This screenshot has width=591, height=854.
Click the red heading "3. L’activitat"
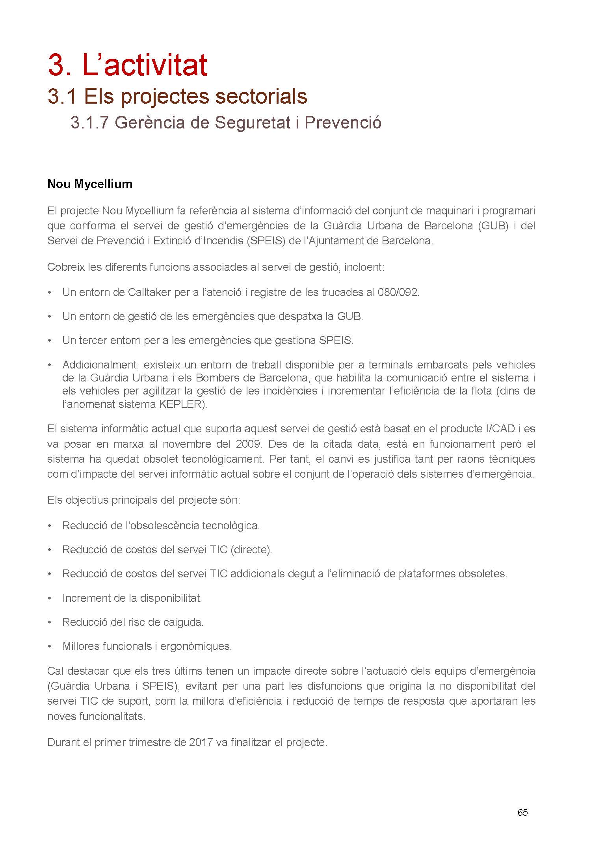(x=127, y=65)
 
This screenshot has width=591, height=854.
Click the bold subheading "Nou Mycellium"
(x=90, y=184)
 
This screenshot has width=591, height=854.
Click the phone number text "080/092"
(x=398, y=292)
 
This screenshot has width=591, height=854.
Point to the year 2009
(x=249, y=444)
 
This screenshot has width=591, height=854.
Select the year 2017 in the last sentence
(x=201, y=742)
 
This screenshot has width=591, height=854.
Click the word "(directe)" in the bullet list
(x=251, y=549)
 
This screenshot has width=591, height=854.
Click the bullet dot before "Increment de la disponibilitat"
(x=50, y=598)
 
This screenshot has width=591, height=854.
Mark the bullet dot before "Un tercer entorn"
(x=50, y=340)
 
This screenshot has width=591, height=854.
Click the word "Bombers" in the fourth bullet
(x=216, y=378)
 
